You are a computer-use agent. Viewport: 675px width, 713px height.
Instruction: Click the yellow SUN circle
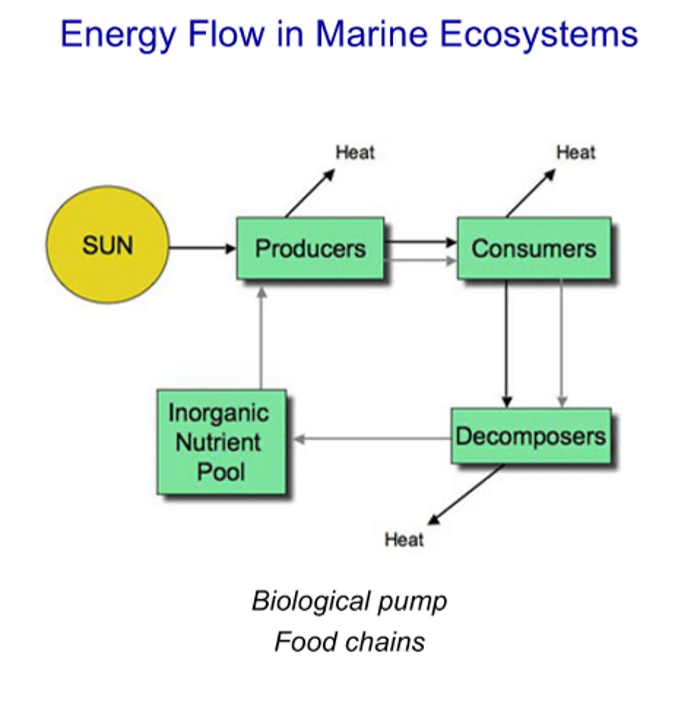tap(108, 245)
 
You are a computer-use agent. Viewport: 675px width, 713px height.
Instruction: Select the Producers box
tap(310, 248)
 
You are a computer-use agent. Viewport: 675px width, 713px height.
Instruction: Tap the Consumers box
tap(534, 248)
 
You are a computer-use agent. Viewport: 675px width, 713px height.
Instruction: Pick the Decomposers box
tap(531, 436)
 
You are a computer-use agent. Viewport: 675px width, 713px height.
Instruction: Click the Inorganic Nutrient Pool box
tap(221, 442)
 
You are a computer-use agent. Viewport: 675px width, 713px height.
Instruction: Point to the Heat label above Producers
tap(355, 153)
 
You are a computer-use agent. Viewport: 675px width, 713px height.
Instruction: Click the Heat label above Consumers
tap(575, 153)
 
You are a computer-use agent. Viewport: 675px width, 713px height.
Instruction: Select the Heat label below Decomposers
tap(404, 540)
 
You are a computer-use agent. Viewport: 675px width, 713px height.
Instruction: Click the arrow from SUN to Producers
tap(202, 248)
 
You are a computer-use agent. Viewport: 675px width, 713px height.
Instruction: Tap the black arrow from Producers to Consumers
tap(419, 242)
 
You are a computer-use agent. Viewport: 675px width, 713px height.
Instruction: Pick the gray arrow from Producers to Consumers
tap(419, 260)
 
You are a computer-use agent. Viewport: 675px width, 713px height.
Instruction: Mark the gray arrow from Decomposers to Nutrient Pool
tap(372, 439)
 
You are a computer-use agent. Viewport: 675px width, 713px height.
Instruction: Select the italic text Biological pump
tap(349, 601)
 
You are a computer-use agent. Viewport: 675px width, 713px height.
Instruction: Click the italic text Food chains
tap(349, 642)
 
